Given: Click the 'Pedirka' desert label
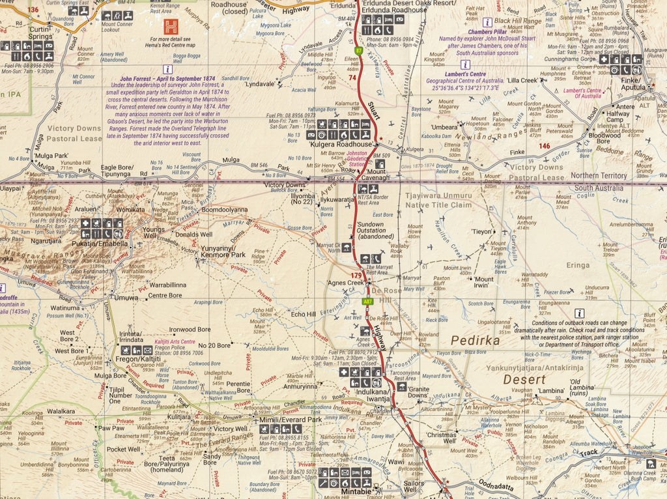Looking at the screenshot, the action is tap(475, 340).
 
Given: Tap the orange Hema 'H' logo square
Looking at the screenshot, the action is tap(171, 27).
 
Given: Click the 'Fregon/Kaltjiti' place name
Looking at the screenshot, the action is tap(137, 359).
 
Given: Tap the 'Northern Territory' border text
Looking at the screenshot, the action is tap(597, 176).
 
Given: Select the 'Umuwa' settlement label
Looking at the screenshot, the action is tap(127, 298).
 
